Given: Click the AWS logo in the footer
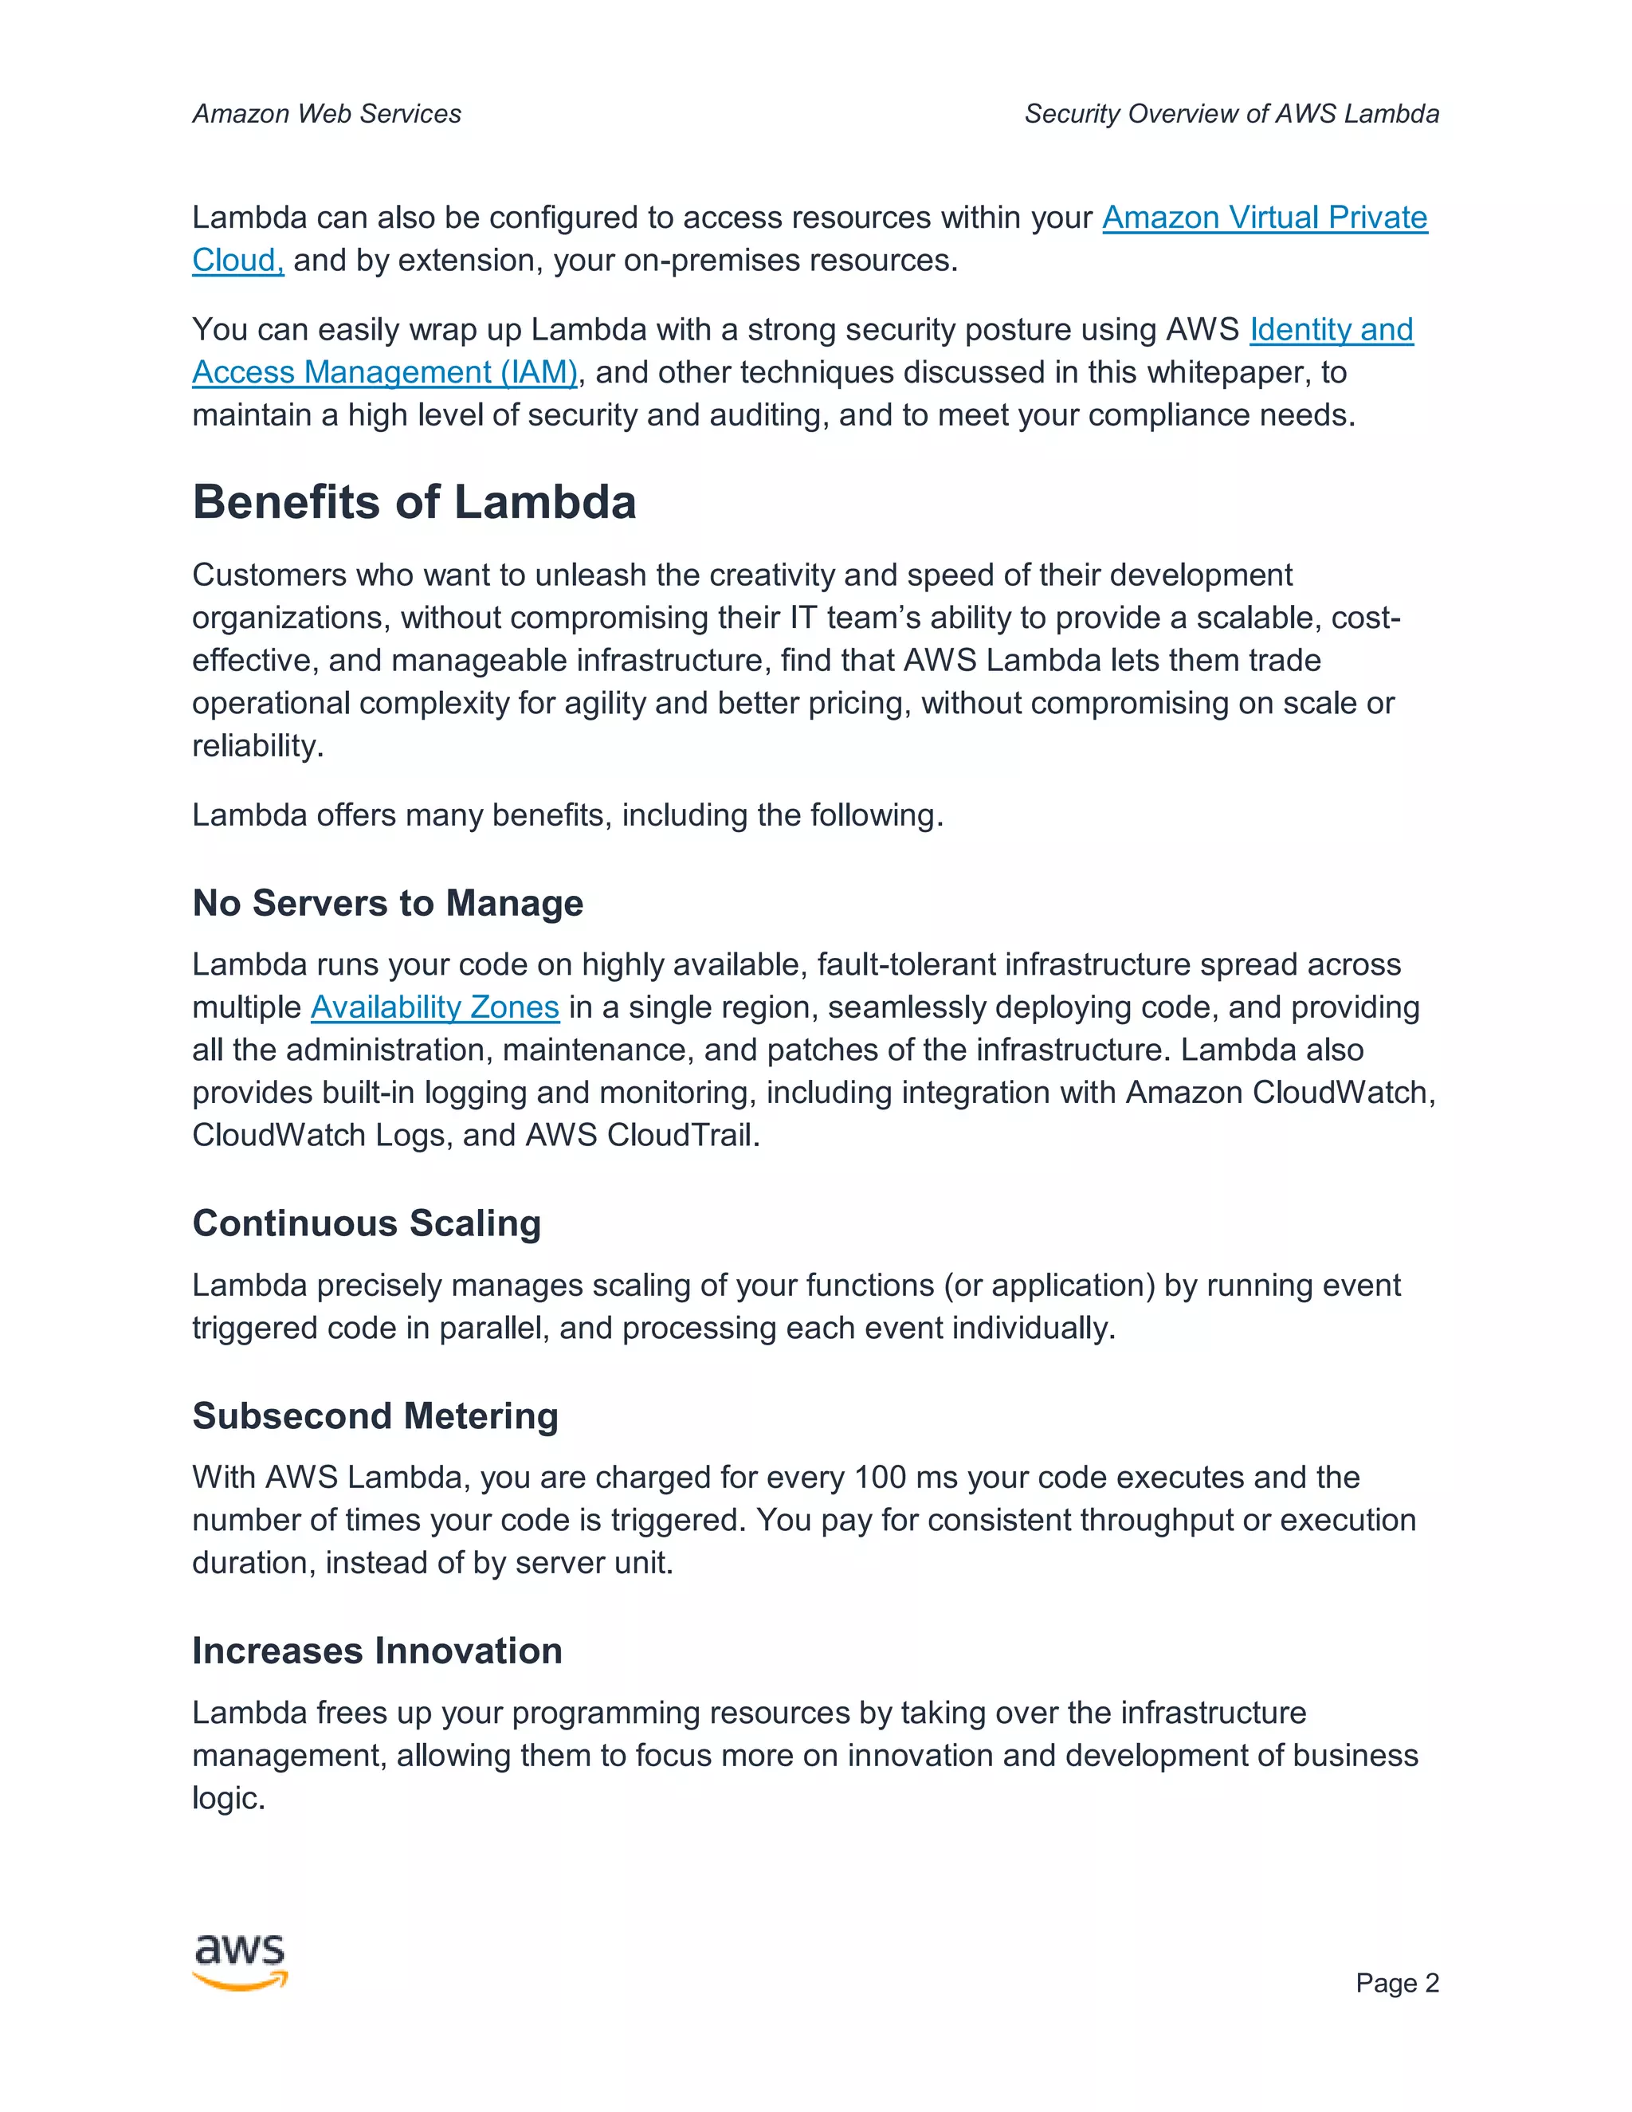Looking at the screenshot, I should (x=240, y=1961).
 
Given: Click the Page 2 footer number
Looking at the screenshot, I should (x=1396, y=1982).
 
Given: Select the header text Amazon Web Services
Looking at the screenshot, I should (x=327, y=114).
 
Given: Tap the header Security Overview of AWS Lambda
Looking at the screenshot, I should (x=1230, y=114).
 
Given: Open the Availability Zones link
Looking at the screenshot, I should (x=434, y=1007).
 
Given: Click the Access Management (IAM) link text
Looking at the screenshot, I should (x=384, y=372).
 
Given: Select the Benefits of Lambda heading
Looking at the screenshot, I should (x=414, y=503).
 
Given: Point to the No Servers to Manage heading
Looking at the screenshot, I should (x=388, y=903).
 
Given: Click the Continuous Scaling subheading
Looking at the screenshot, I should (x=367, y=1223).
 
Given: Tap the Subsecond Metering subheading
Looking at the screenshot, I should (x=375, y=1415).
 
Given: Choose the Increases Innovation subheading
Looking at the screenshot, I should (x=377, y=1651).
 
